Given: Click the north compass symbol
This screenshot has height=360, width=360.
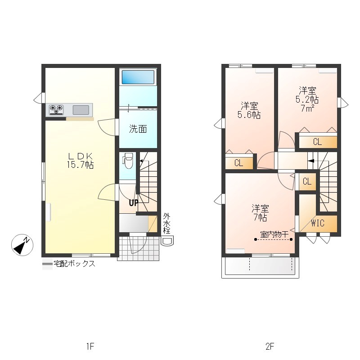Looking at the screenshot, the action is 22,245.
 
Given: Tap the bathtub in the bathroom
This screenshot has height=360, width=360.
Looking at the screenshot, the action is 138,77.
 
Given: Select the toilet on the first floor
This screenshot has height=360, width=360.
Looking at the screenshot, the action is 128,161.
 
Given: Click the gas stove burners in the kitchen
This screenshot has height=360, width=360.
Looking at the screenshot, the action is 56,109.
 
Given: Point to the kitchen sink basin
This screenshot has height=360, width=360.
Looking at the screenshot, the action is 81,110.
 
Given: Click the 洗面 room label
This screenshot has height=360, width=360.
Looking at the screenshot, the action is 138,129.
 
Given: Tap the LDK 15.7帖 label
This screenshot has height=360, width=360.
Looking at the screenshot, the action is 80,161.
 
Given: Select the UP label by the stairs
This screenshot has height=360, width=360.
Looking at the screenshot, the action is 133,203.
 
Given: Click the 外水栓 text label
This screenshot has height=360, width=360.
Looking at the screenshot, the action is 166,223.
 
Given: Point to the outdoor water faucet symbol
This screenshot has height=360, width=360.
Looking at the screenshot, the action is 167,241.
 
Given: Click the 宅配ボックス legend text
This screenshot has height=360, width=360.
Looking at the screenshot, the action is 74,264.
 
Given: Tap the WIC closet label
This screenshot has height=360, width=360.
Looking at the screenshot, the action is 318,223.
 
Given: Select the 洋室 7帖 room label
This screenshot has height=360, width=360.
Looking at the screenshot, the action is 261,213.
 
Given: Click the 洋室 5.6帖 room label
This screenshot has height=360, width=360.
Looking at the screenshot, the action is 249,110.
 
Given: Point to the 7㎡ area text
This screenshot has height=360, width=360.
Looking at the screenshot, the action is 307,108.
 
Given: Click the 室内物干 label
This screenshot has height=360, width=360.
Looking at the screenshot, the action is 274,234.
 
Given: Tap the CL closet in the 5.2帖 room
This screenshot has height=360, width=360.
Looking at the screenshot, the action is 318,142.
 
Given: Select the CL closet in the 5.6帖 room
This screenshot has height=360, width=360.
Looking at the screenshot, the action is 239,163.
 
